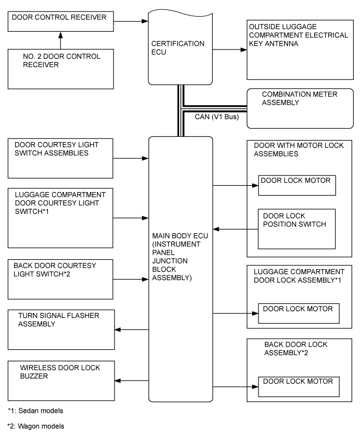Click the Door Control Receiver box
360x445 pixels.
[x=60, y=21]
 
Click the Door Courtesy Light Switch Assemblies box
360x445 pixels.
[x=60, y=157]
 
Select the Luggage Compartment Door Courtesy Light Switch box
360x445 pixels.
[x=60, y=218]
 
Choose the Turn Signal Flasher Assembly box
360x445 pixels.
[x=60, y=329]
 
